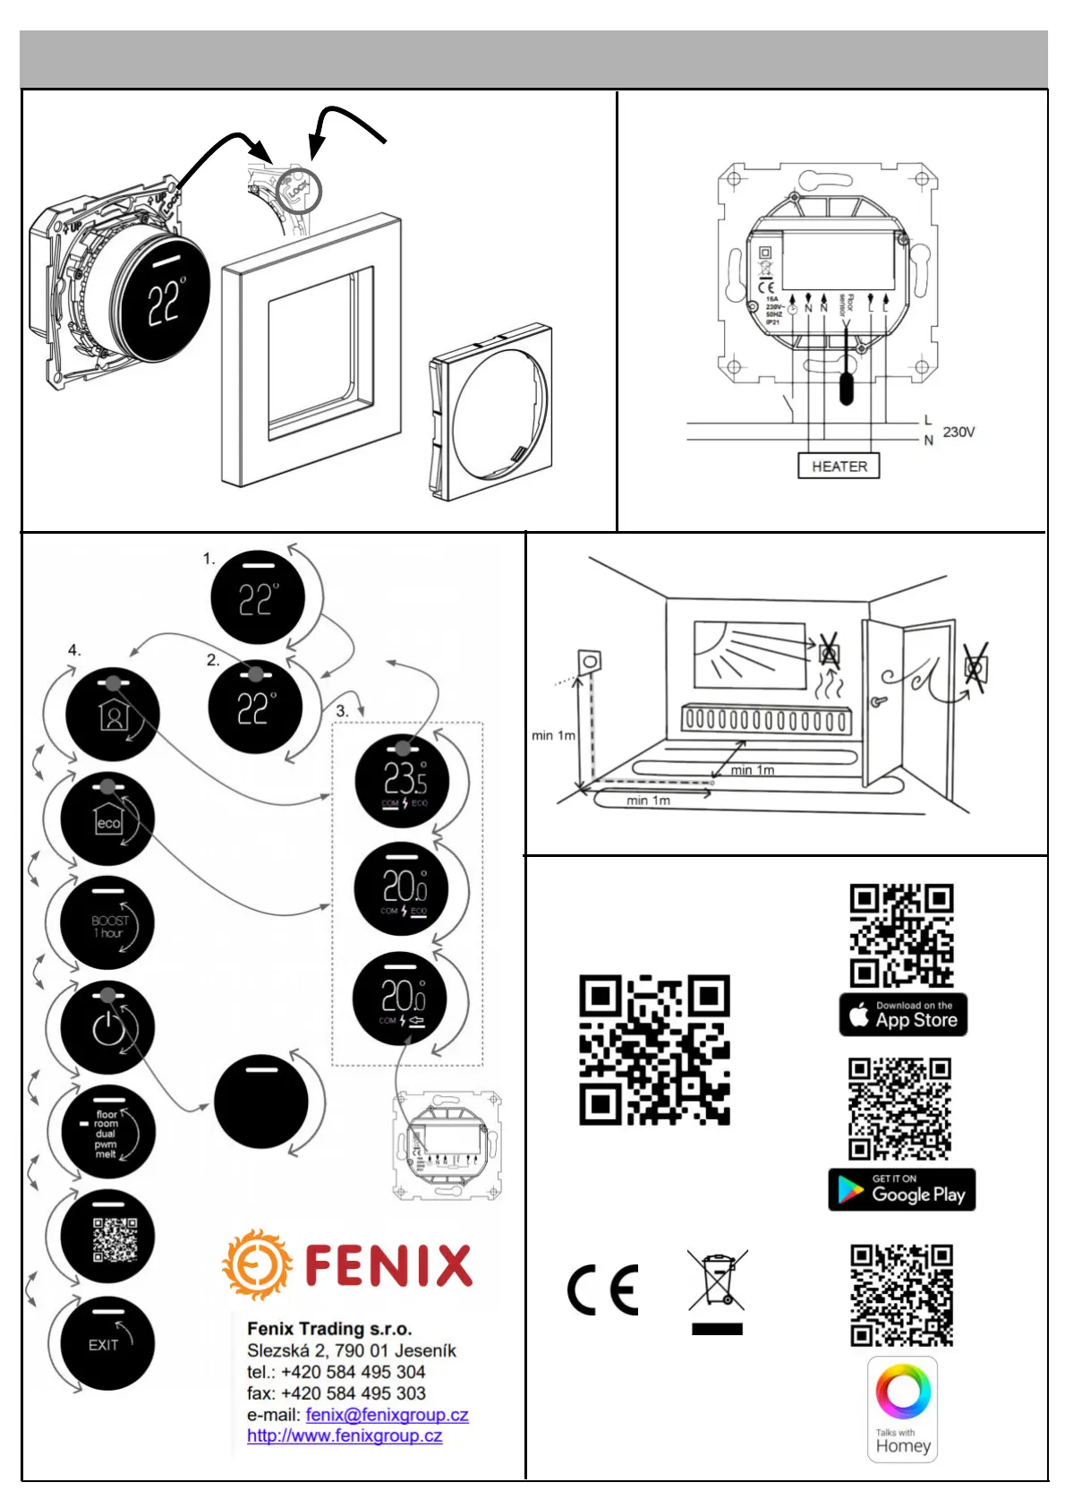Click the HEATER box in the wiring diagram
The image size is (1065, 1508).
839,466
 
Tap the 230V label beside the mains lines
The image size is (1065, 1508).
958,432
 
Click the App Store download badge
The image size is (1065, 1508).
903,1015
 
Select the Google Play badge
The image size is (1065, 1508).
901,1190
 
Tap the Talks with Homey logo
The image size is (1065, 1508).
903,1409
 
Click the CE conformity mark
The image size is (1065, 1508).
603,1290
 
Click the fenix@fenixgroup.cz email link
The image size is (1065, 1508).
387,1415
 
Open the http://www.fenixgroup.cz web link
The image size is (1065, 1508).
345,1435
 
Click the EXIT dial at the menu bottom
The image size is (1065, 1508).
107,1344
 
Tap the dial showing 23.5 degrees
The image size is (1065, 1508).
402,781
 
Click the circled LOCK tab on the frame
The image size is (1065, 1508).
297,190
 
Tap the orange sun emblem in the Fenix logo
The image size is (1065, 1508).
257,1264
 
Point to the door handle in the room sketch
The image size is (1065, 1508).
878,701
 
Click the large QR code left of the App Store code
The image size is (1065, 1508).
654,1050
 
